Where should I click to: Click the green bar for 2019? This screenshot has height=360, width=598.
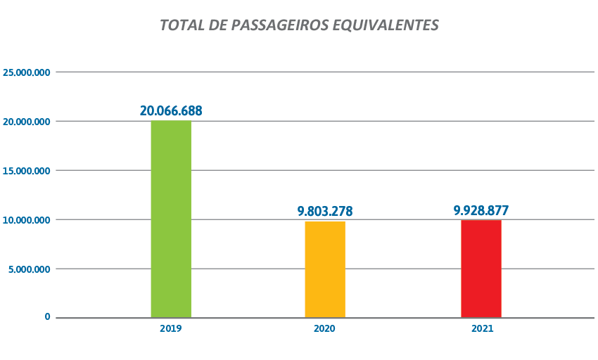click(x=171, y=219)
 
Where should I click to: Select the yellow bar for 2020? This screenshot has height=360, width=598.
click(x=325, y=269)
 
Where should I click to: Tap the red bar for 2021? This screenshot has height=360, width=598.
click(x=481, y=269)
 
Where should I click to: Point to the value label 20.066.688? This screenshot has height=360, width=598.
click(x=171, y=110)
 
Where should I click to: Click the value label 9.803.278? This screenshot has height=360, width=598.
click(x=325, y=211)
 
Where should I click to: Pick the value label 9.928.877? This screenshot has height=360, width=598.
click(x=481, y=210)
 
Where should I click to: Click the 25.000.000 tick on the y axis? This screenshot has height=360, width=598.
click(x=27, y=72)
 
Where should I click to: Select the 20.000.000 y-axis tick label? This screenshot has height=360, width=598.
click(x=27, y=122)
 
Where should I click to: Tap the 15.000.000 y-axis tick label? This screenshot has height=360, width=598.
click(x=27, y=171)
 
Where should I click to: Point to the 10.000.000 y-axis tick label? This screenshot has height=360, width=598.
click(x=27, y=220)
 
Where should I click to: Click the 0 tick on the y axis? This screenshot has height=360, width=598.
click(x=48, y=317)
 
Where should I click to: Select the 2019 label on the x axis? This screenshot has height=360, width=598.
click(x=171, y=329)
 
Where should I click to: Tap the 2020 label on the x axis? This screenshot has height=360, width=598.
click(x=325, y=329)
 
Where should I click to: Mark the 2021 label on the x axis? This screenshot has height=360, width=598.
click(x=481, y=329)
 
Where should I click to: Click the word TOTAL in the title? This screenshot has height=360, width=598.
click(x=180, y=25)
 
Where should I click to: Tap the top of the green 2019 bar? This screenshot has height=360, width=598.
click(x=171, y=122)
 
